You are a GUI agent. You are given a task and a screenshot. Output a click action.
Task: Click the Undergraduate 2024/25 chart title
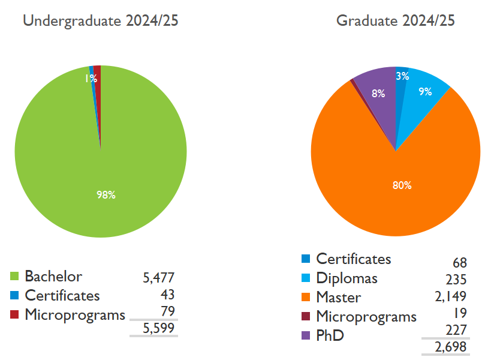pos(100,21)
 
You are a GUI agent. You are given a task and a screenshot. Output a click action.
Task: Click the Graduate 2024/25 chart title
pos(396,21)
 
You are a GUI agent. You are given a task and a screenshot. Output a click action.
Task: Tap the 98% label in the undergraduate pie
pos(106,194)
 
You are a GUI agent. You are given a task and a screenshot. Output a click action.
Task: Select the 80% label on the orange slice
pos(402,185)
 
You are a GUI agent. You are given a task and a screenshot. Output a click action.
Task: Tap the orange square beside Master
pos(306,297)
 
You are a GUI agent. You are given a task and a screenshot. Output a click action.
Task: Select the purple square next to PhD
pos(306,335)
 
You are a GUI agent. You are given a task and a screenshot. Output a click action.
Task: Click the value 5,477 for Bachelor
pos(158,278)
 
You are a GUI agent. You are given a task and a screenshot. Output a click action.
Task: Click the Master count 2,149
pos(451,296)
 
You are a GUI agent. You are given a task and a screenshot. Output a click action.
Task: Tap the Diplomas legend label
pos(347,278)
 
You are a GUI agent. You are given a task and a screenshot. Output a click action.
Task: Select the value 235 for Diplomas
pos(456,280)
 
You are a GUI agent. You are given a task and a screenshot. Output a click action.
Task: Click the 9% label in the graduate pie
pos(425,92)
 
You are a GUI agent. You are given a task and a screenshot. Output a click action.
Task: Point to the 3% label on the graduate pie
pos(402,76)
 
